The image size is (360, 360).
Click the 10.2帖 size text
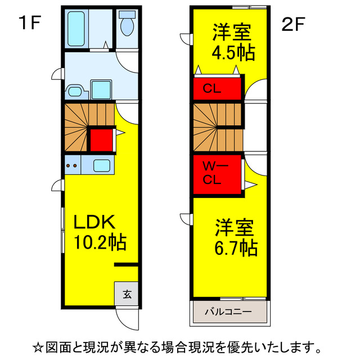[100, 243]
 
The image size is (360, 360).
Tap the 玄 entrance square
[127, 292]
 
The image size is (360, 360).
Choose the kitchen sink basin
[102, 166]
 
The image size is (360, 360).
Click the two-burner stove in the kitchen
[72, 166]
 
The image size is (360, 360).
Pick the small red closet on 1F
[101, 141]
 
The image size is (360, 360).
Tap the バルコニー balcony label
[228, 310]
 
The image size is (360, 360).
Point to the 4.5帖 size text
[233, 53]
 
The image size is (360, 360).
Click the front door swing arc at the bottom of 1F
[126, 319]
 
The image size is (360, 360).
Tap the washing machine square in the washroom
[101, 89]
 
